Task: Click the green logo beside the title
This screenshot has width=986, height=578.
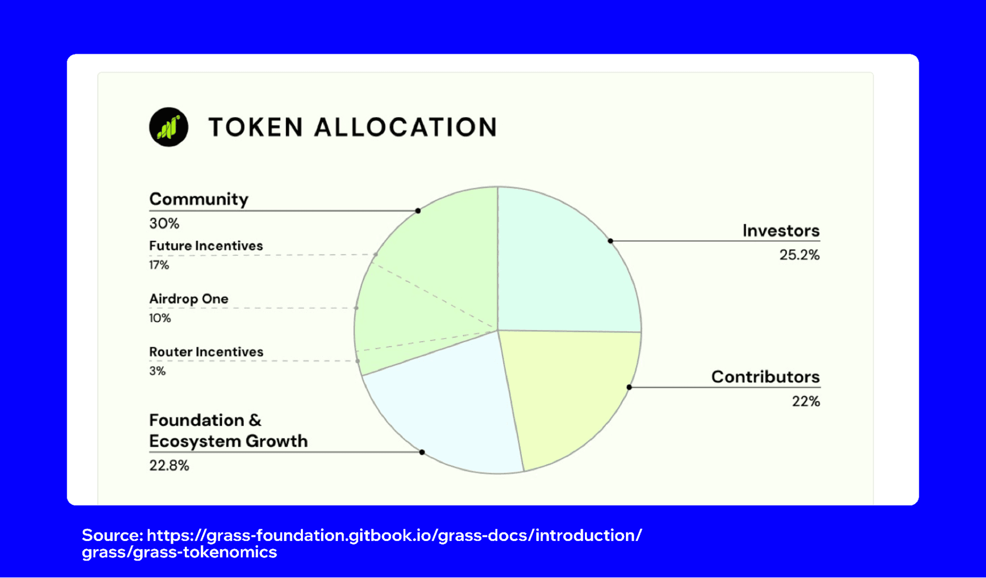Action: tap(168, 127)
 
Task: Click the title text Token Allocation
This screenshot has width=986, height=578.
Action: tap(353, 127)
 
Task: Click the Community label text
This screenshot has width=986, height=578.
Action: tap(199, 199)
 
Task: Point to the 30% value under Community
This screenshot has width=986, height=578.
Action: tap(164, 223)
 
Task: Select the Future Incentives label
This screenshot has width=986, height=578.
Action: tap(206, 246)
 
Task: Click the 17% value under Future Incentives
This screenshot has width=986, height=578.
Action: tap(159, 265)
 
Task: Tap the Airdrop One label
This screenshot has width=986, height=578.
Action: tap(188, 299)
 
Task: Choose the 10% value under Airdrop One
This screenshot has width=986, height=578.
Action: tap(160, 319)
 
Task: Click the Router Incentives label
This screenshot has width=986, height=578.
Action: tap(206, 352)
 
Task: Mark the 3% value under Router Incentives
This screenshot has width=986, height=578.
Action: tap(158, 371)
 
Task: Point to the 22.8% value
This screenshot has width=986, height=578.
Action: tap(169, 465)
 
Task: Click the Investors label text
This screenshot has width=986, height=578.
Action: tap(781, 231)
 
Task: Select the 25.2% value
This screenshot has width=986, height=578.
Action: tap(800, 255)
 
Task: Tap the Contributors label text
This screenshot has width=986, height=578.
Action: tap(766, 377)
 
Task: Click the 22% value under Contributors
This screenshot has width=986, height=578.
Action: tap(806, 401)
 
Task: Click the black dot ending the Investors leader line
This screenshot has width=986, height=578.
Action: tap(611, 240)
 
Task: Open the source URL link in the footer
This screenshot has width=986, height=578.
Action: tap(362, 543)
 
